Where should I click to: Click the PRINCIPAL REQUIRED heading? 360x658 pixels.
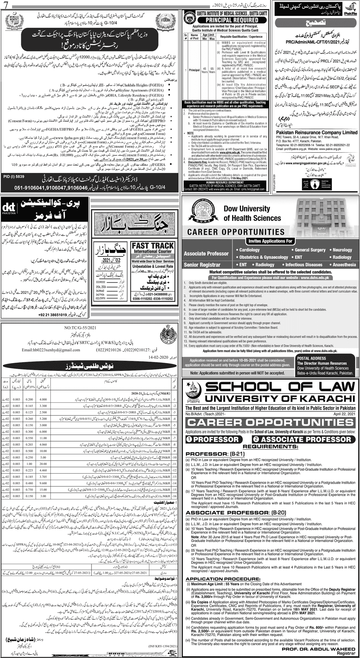227,20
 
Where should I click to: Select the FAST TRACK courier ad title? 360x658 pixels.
153,248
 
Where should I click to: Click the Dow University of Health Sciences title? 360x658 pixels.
252,213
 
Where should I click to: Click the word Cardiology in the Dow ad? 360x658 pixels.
249,250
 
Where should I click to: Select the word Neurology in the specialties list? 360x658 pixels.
342,250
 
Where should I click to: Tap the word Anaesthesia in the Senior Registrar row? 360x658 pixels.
344,265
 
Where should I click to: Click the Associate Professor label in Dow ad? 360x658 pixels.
206,254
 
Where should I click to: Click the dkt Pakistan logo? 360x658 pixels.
9,209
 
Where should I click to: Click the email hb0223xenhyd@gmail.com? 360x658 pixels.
48,350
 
